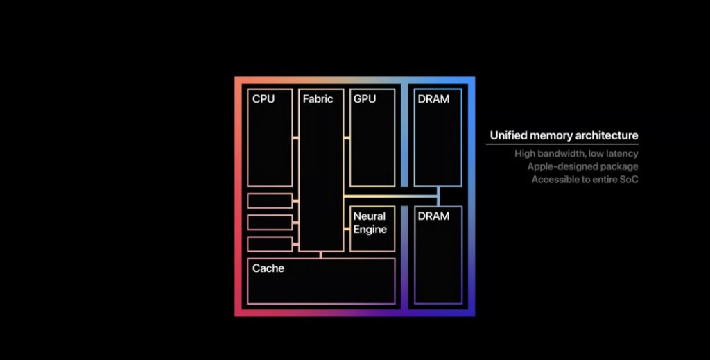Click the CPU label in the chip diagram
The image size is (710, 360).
263,98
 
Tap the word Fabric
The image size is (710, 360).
318,98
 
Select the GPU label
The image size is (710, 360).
365,98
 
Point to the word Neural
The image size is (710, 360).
370,216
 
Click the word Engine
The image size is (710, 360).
370,230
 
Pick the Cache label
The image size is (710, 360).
268,268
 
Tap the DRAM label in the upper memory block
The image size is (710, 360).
433,98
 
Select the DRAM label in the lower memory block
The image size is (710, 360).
433,216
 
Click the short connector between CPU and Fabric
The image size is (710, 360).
295,137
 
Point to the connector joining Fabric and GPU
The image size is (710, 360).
347,137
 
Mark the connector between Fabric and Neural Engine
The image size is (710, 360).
347,229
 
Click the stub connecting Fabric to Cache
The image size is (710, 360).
321,255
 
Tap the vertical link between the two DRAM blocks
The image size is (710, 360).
438,196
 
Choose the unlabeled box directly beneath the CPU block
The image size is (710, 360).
270,200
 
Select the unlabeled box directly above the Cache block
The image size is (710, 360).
270,244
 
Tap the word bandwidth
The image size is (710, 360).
562,154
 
